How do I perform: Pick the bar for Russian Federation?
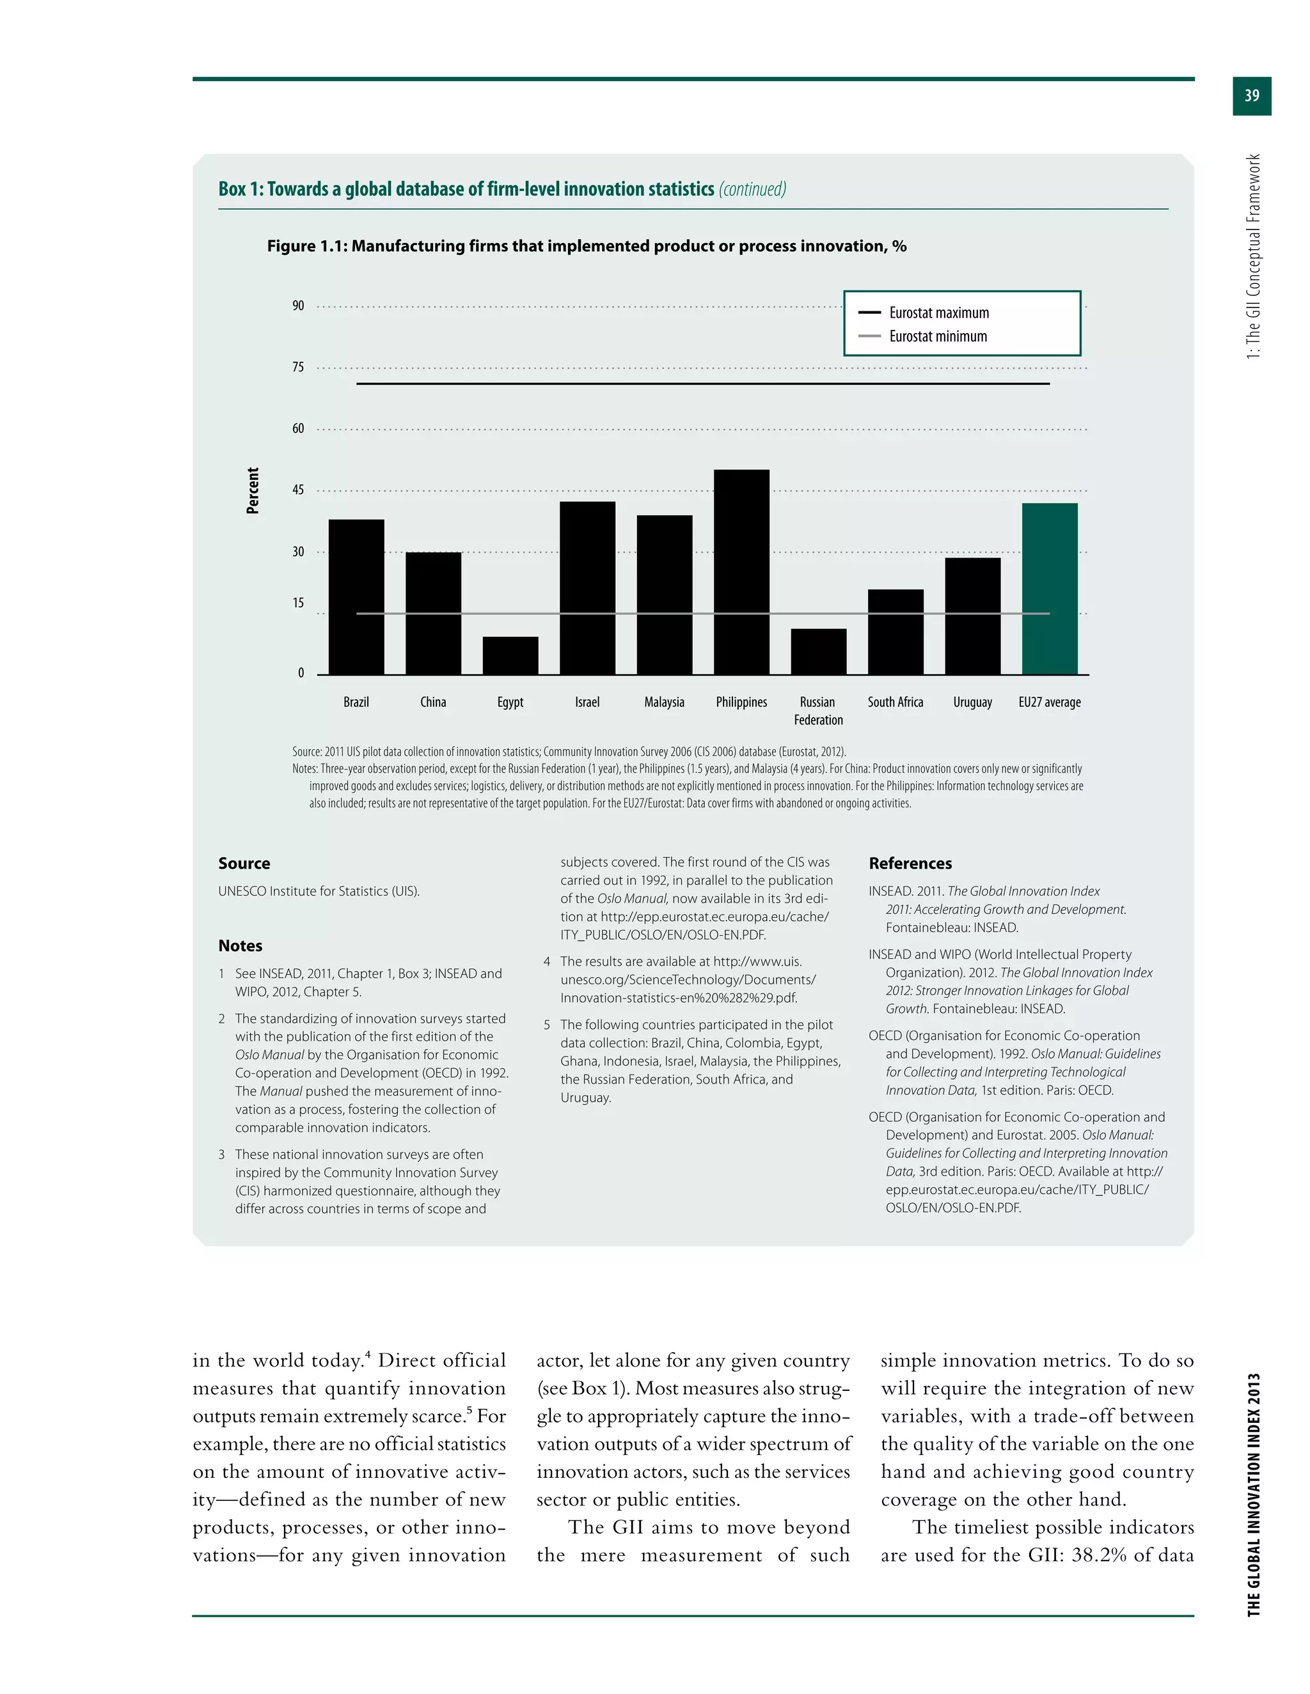[818, 651]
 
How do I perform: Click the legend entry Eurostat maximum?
[938, 313]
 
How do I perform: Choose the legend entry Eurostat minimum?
[938, 336]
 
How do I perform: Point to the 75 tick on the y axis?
[298, 367]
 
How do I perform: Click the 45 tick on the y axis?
[298, 490]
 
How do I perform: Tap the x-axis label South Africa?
[895, 702]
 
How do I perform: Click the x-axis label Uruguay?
[972, 702]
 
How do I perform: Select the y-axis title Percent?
[253, 490]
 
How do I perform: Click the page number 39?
[1251, 96]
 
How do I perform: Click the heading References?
[910, 863]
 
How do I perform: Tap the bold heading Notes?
[240, 945]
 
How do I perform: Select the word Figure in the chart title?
[291, 246]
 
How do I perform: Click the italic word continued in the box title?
[752, 189]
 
